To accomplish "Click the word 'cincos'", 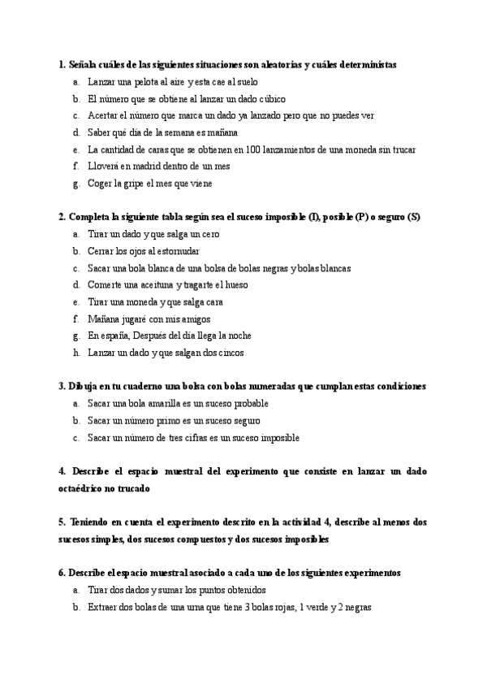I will pyautogui.click(x=229, y=353).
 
